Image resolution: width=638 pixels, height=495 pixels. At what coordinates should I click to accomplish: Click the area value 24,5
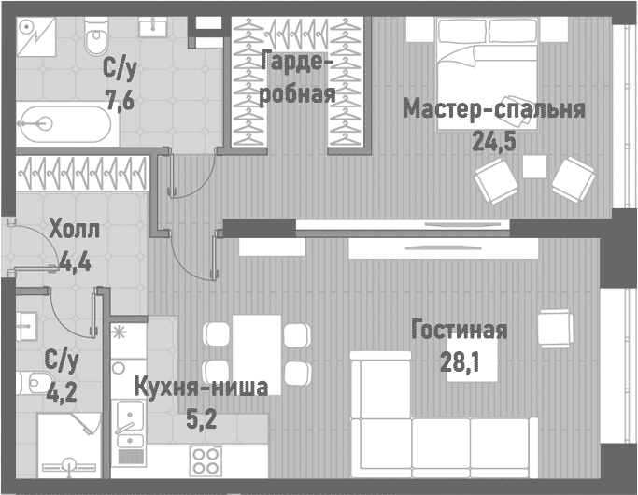coord(495,140)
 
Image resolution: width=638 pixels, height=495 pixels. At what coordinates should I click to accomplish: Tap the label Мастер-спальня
coord(494,110)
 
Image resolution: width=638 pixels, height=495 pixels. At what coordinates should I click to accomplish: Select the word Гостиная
coord(460,330)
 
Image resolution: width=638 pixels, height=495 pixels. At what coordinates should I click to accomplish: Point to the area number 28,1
coord(460,361)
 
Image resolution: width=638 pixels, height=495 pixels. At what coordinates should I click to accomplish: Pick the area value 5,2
coord(201,419)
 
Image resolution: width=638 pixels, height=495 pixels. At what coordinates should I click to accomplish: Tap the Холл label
coord(71,229)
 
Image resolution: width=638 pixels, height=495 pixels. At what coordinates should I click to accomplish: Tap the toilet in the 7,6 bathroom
coord(95,37)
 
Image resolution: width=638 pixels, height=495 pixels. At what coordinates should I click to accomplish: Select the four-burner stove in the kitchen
coord(206,460)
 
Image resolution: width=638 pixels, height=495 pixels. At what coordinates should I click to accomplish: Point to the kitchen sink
coord(127,430)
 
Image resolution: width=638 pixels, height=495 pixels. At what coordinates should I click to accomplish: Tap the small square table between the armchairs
coord(534,167)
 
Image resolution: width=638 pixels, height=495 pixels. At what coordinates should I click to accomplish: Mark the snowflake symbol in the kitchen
coord(119,332)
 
